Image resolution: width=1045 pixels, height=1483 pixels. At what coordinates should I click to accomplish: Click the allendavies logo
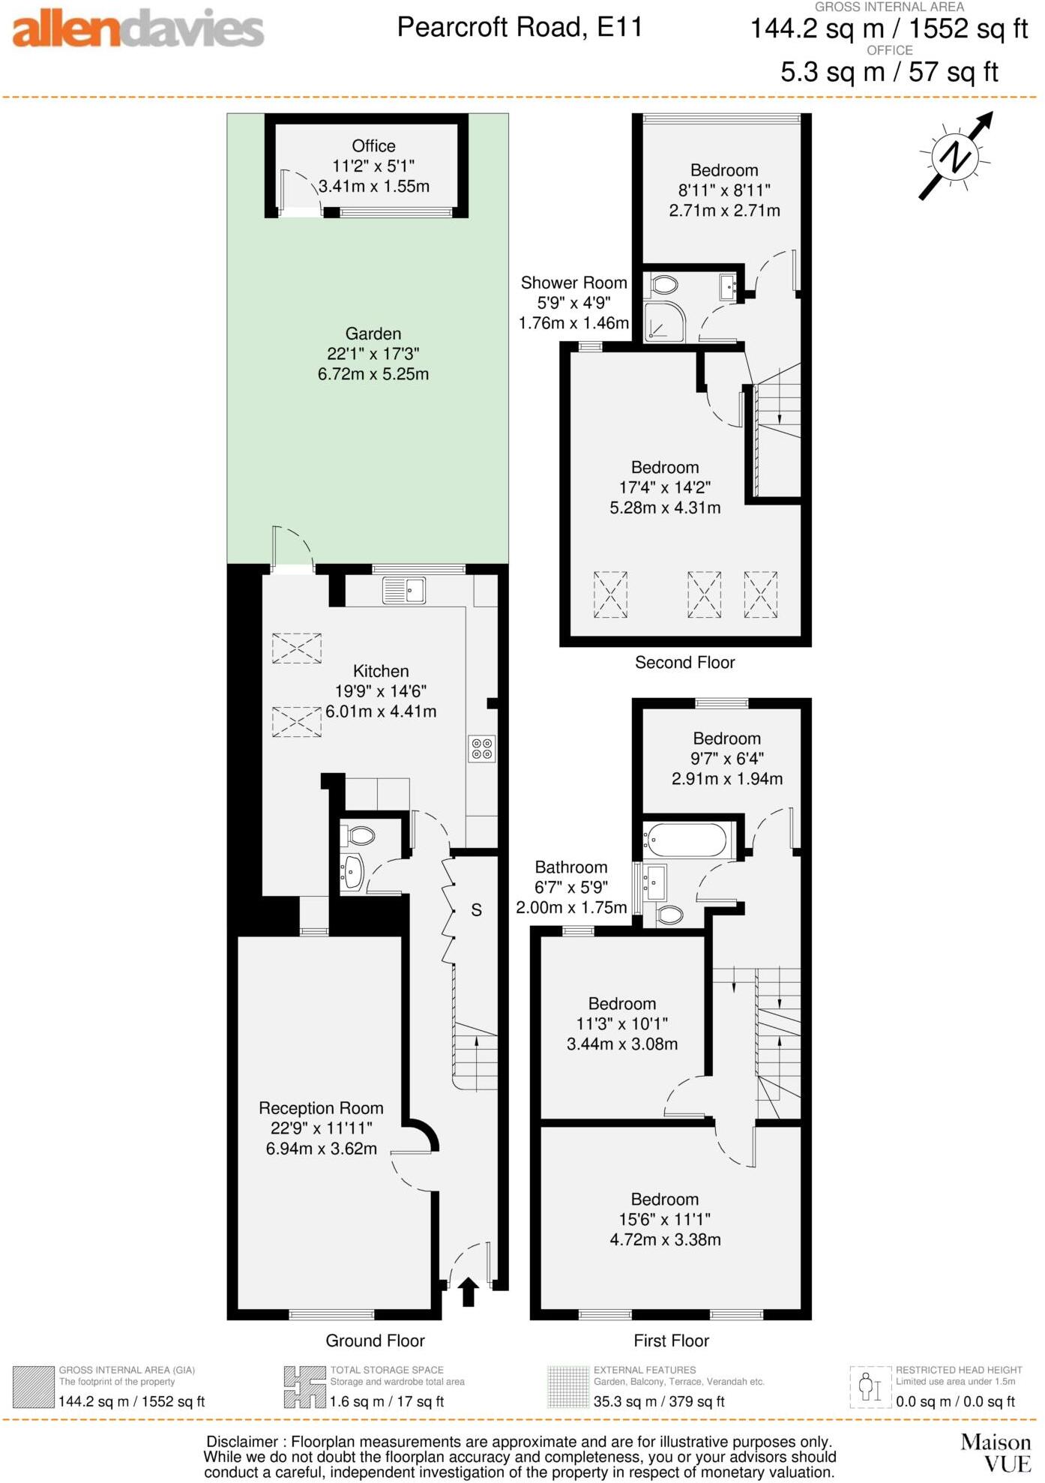coord(138,29)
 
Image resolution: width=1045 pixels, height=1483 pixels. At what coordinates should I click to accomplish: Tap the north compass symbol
coord(956,157)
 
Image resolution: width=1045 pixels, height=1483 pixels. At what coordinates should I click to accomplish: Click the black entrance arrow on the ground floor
coord(469,1292)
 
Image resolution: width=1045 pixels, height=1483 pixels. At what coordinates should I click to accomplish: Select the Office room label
coord(373,146)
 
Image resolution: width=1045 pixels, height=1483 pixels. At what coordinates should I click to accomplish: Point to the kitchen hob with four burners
coord(481,748)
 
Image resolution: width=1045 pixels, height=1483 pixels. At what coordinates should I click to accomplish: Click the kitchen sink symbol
coord(404,590)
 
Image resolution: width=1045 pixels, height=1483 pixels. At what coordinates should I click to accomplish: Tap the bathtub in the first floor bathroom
coord(685,840)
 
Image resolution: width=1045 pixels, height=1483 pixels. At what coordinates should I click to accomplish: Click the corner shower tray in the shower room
coord(663,322)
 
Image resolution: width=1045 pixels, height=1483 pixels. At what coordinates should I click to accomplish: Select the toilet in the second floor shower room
coord(663,285)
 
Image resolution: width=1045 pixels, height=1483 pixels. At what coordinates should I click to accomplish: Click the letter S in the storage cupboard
coord(476,910)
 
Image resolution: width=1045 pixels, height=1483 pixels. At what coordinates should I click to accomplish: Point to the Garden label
coord(373,334)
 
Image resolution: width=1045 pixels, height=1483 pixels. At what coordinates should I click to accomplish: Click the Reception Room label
coord(321,1108)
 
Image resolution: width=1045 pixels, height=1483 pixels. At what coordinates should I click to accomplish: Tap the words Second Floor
coord(684,662)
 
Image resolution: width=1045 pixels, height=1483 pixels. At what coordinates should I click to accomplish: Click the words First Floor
coord(671,1341)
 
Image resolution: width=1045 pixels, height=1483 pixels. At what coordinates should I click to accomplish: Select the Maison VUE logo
coord(996,1452)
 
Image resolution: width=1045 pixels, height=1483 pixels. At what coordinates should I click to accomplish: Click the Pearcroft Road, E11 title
coord(520,28)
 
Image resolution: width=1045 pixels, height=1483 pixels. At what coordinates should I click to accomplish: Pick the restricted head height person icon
coord(870,1387)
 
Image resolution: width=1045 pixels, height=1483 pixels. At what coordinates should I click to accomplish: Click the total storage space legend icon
coord(304,1387)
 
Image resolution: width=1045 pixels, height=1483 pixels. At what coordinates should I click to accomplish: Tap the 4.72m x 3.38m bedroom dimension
coord(665,1239)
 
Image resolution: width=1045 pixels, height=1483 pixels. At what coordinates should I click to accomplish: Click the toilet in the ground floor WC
coord(361,835)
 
